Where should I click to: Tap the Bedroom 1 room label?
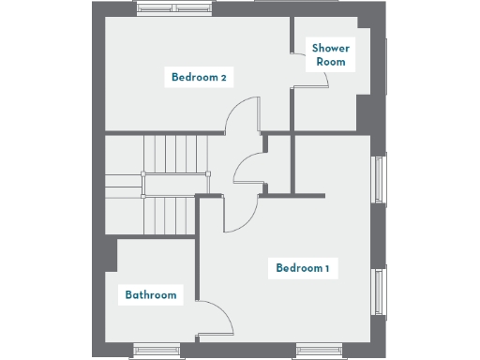302,269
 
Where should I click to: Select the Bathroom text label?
151,295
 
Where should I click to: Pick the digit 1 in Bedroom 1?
326,269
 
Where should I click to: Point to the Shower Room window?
384,66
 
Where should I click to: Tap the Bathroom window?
156,351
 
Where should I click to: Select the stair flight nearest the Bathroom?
171,214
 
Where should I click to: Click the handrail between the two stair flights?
171,185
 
